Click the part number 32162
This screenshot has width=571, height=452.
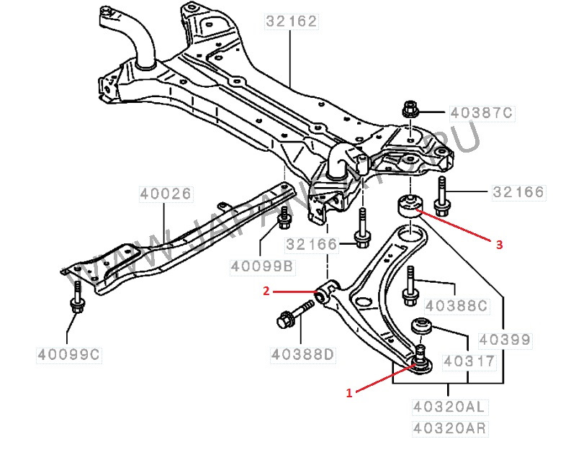291,21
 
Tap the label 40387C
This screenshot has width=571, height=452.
481,112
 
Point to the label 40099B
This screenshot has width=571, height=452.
262,266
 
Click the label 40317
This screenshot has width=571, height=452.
468,360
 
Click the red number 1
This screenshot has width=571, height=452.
350,393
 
